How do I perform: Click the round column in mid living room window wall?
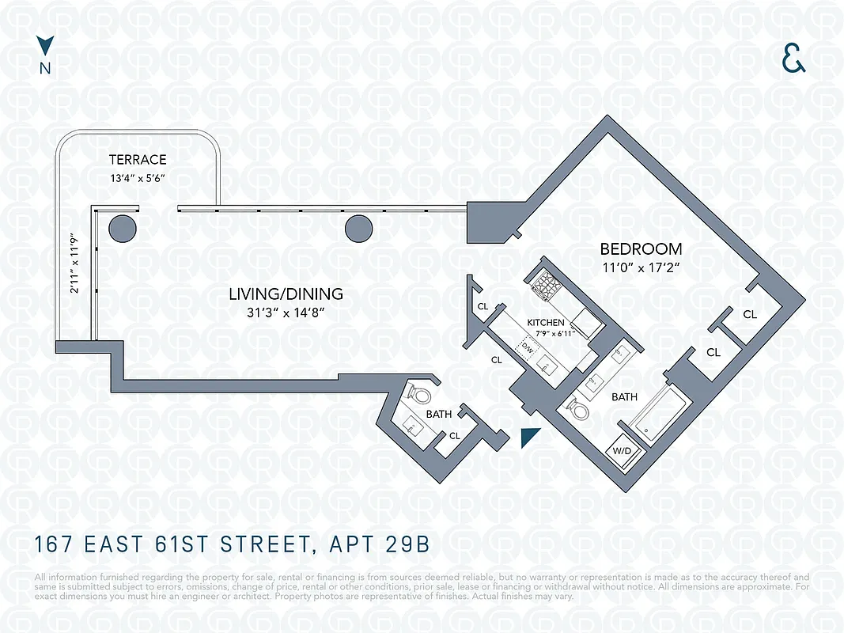click(358, 228)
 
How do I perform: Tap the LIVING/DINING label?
click(286, 294)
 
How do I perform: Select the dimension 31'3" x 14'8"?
click(286, 313)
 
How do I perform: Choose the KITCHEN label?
click(546, 323)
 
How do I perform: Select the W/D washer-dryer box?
click(619, 452)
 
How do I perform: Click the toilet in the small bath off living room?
click(420, 393)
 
